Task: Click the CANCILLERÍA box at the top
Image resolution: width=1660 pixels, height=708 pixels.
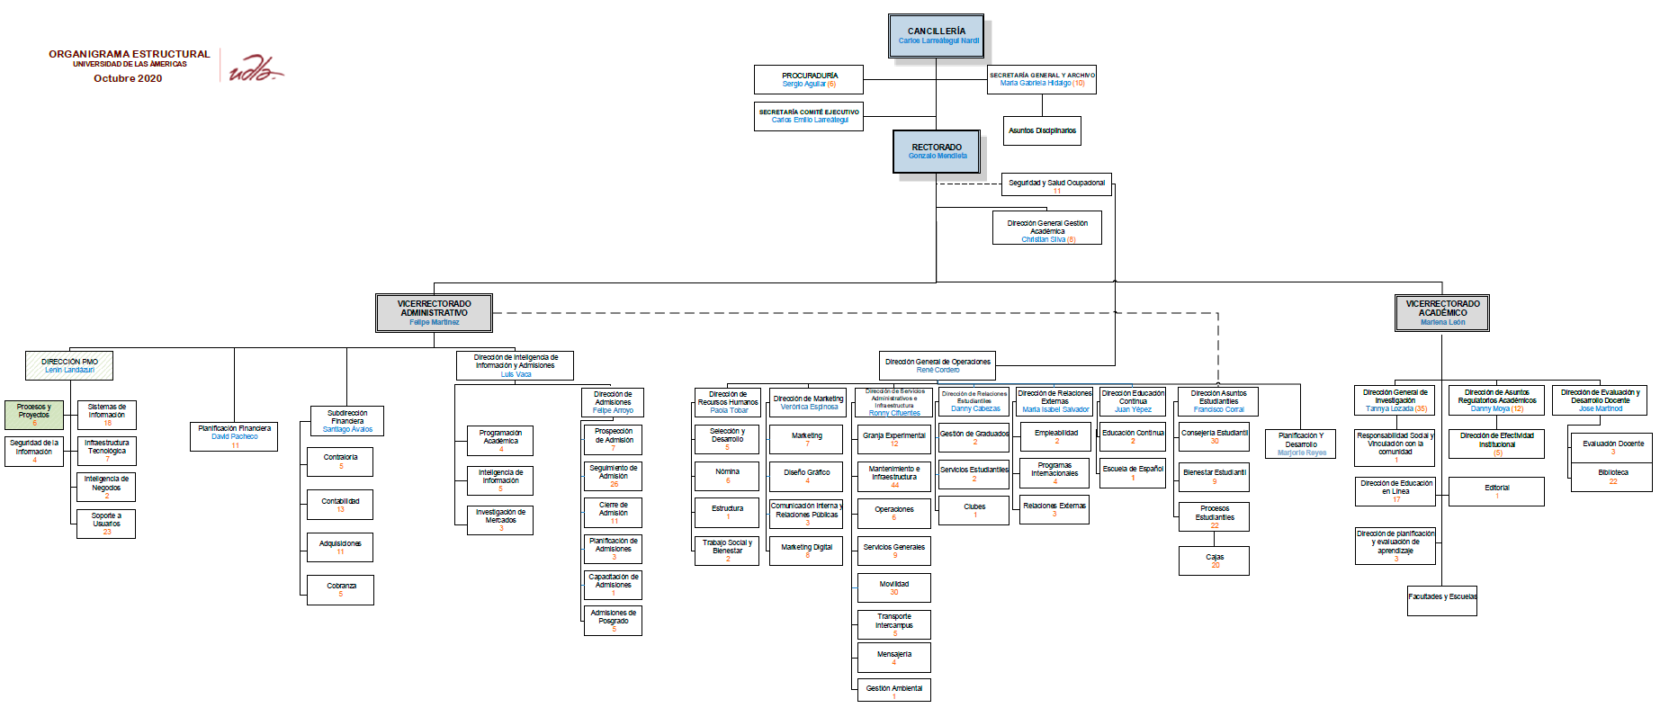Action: coord(936,36)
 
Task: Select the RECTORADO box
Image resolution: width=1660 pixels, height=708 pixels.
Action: coord(937,151)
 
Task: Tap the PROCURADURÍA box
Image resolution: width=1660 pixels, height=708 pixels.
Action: coord(809,79)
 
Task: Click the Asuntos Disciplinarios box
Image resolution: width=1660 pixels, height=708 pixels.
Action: coord(1042,130)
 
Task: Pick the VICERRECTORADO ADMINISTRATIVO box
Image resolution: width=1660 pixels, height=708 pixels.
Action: coord(434,312)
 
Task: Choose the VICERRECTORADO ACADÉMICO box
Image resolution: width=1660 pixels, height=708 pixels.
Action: coord(1442,312)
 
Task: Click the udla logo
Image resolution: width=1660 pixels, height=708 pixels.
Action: coord(253,68)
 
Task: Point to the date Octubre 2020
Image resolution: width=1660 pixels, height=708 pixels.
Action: coord(128,78)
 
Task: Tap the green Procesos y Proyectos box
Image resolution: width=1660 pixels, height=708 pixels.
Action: coord(34,415)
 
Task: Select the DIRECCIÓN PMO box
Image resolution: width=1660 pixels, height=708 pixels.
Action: coord(69,365)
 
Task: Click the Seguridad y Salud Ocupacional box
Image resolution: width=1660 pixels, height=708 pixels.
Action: coord(1056,185)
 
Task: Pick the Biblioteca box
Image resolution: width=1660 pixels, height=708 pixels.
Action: coord(1612,476)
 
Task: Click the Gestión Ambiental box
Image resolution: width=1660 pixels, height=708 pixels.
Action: coord(893,690)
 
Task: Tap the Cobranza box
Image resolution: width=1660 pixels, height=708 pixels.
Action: coord(341,589)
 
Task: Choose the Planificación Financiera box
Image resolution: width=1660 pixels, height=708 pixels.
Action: coord(234,435)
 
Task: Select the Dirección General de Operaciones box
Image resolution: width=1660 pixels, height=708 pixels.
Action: coord(938,365)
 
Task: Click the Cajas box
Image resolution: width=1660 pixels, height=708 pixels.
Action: coord(1215,560)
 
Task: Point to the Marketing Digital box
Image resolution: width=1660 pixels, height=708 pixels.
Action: coord(806,550)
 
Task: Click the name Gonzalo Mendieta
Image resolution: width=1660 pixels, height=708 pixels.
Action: coord(938,157)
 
